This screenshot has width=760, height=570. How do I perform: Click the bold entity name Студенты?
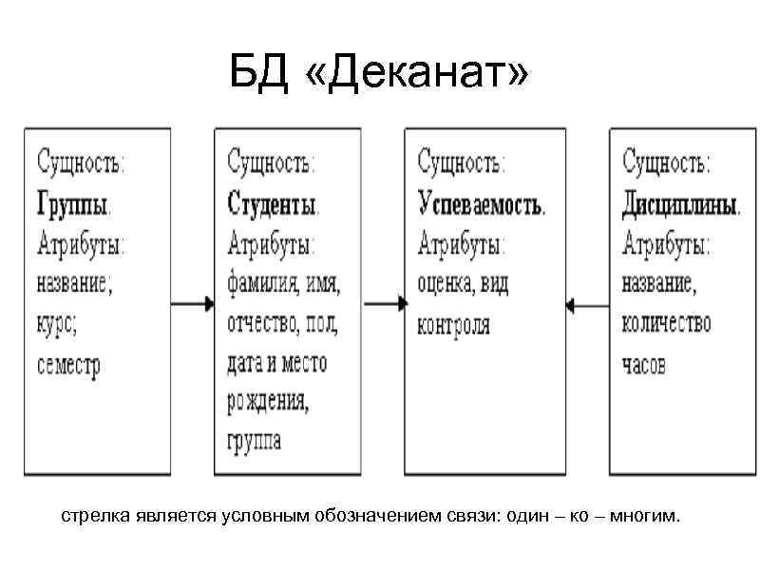[274, 203]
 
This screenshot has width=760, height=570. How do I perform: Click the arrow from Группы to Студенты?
[193, 304]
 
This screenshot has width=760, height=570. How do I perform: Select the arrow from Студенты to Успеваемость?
[386, 304]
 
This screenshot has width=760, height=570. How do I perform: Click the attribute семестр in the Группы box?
[68, 365]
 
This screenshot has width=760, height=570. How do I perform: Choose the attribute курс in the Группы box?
[56, 324]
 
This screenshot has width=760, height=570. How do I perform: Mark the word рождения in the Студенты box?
[268, 402]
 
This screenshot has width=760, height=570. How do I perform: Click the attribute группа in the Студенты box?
[254, 441]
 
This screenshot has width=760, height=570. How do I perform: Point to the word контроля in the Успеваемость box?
[454, 325]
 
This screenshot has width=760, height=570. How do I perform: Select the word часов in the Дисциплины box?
[644, 364]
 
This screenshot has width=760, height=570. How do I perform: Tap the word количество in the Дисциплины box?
[667, 324]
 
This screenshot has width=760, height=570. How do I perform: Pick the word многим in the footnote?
[645, 518]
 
